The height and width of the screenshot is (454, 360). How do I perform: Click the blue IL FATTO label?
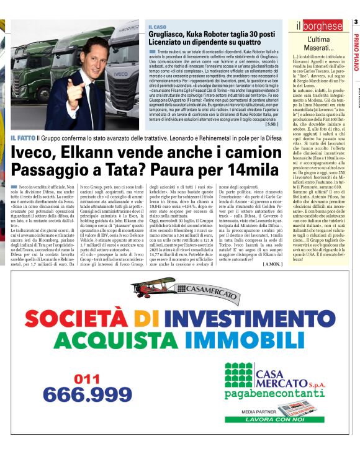(22, 137)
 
